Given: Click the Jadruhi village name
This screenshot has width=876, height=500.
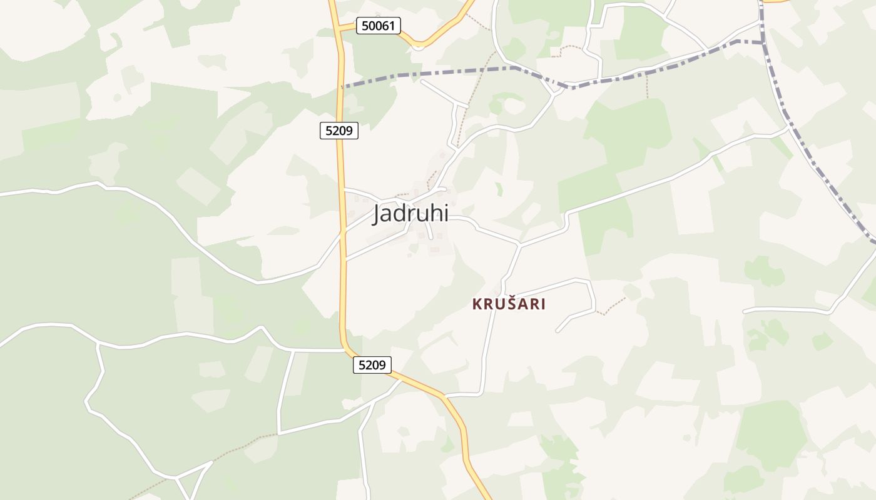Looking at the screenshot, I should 410,214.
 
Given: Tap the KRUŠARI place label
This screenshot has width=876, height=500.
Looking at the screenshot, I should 509,304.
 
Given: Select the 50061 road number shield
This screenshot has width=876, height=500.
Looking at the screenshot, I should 378,26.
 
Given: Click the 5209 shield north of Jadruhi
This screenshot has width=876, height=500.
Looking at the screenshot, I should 339,131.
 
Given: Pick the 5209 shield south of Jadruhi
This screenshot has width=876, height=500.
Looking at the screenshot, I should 372,365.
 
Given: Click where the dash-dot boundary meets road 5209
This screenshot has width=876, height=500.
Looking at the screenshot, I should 342,86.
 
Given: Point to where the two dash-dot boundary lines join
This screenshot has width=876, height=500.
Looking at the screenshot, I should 762,42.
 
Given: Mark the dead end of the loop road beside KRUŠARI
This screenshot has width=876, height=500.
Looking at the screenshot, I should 557,331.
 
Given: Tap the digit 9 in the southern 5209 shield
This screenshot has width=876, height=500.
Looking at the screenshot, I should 384,365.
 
